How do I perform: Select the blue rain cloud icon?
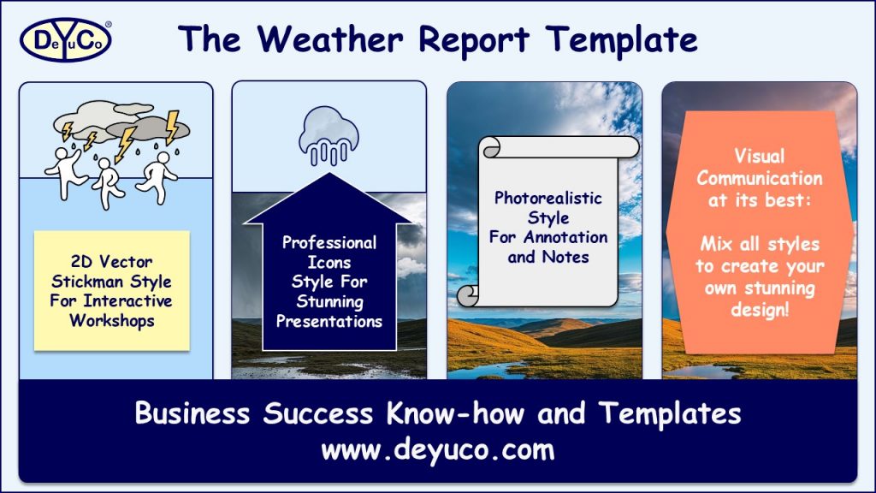click(x=328, y=137)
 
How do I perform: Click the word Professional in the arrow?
click(x=328, y=242)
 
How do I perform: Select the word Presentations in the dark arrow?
click(x=328, y=322)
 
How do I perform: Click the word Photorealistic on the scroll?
click(x=547, y=198)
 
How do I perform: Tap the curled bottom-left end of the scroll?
click(x=470, y=296)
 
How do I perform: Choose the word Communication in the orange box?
click(x=759, y=178)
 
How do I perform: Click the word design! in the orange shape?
click(x=759, y=309)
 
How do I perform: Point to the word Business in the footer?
click(x=193, y=413)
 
